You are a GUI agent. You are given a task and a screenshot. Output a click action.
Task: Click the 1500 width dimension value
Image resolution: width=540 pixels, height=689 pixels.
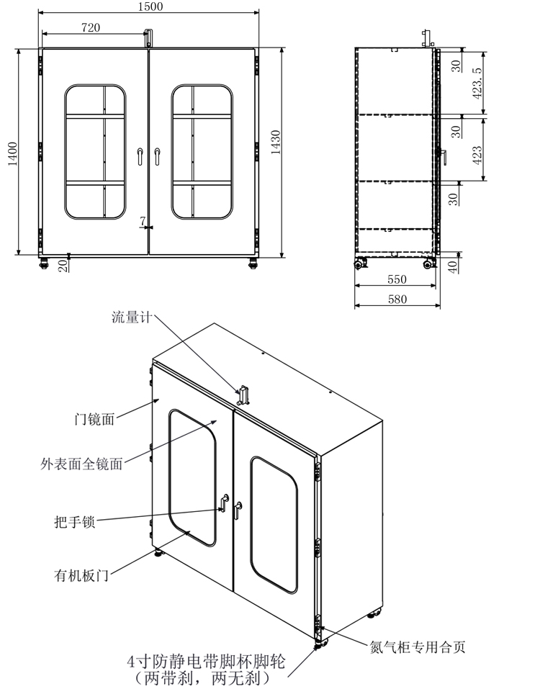[x=150, y=6]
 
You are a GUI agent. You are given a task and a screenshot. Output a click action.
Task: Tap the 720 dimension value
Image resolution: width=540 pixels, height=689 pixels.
[x=91, y=27]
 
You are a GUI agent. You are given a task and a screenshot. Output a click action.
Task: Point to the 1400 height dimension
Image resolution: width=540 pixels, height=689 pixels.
[x=13, y=154]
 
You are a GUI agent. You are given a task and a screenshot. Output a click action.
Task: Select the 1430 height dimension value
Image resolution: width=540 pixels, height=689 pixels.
[x=276, y=142]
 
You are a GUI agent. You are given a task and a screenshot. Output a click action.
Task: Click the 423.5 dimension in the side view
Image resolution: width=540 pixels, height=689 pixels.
[x=477, y=83]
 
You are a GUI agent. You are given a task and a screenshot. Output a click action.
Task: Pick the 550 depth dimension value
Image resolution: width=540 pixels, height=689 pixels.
[x=397, y=279]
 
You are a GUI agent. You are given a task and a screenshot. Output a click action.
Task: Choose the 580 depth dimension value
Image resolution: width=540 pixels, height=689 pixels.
[x=397, y=300]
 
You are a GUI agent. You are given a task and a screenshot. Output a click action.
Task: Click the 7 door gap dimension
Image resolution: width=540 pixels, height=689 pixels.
[x=143, y=222]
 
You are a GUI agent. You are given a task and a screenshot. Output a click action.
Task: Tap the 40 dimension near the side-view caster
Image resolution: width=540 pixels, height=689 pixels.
[x=453, y=266]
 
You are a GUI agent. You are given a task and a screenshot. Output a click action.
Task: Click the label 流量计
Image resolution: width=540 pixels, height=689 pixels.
[x=132, y=317]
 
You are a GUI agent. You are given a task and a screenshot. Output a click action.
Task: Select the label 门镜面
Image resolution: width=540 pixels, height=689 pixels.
[x=94, y=419]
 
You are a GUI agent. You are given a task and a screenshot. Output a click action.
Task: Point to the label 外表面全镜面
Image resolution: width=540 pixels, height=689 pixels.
[x=81, y=464]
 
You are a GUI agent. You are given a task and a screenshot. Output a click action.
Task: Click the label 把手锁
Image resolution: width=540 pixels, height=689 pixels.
[x=75, y=521]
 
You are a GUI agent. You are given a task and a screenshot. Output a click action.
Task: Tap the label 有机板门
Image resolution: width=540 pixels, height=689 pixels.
[x=81, y=575]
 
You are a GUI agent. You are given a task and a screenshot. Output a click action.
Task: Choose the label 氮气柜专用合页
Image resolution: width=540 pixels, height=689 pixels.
[x=418, y=647]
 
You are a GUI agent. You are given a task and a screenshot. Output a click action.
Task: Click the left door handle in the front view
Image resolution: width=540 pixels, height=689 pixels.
[x=140, y=156]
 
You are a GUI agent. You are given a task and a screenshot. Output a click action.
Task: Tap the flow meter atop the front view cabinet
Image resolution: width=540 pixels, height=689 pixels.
[x=149, y=37]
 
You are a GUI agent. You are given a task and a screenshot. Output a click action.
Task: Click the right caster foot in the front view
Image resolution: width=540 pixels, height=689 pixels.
[x=253, y=263]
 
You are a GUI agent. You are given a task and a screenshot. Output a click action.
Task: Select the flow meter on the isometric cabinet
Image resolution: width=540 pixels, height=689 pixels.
[x=243, y=395]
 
